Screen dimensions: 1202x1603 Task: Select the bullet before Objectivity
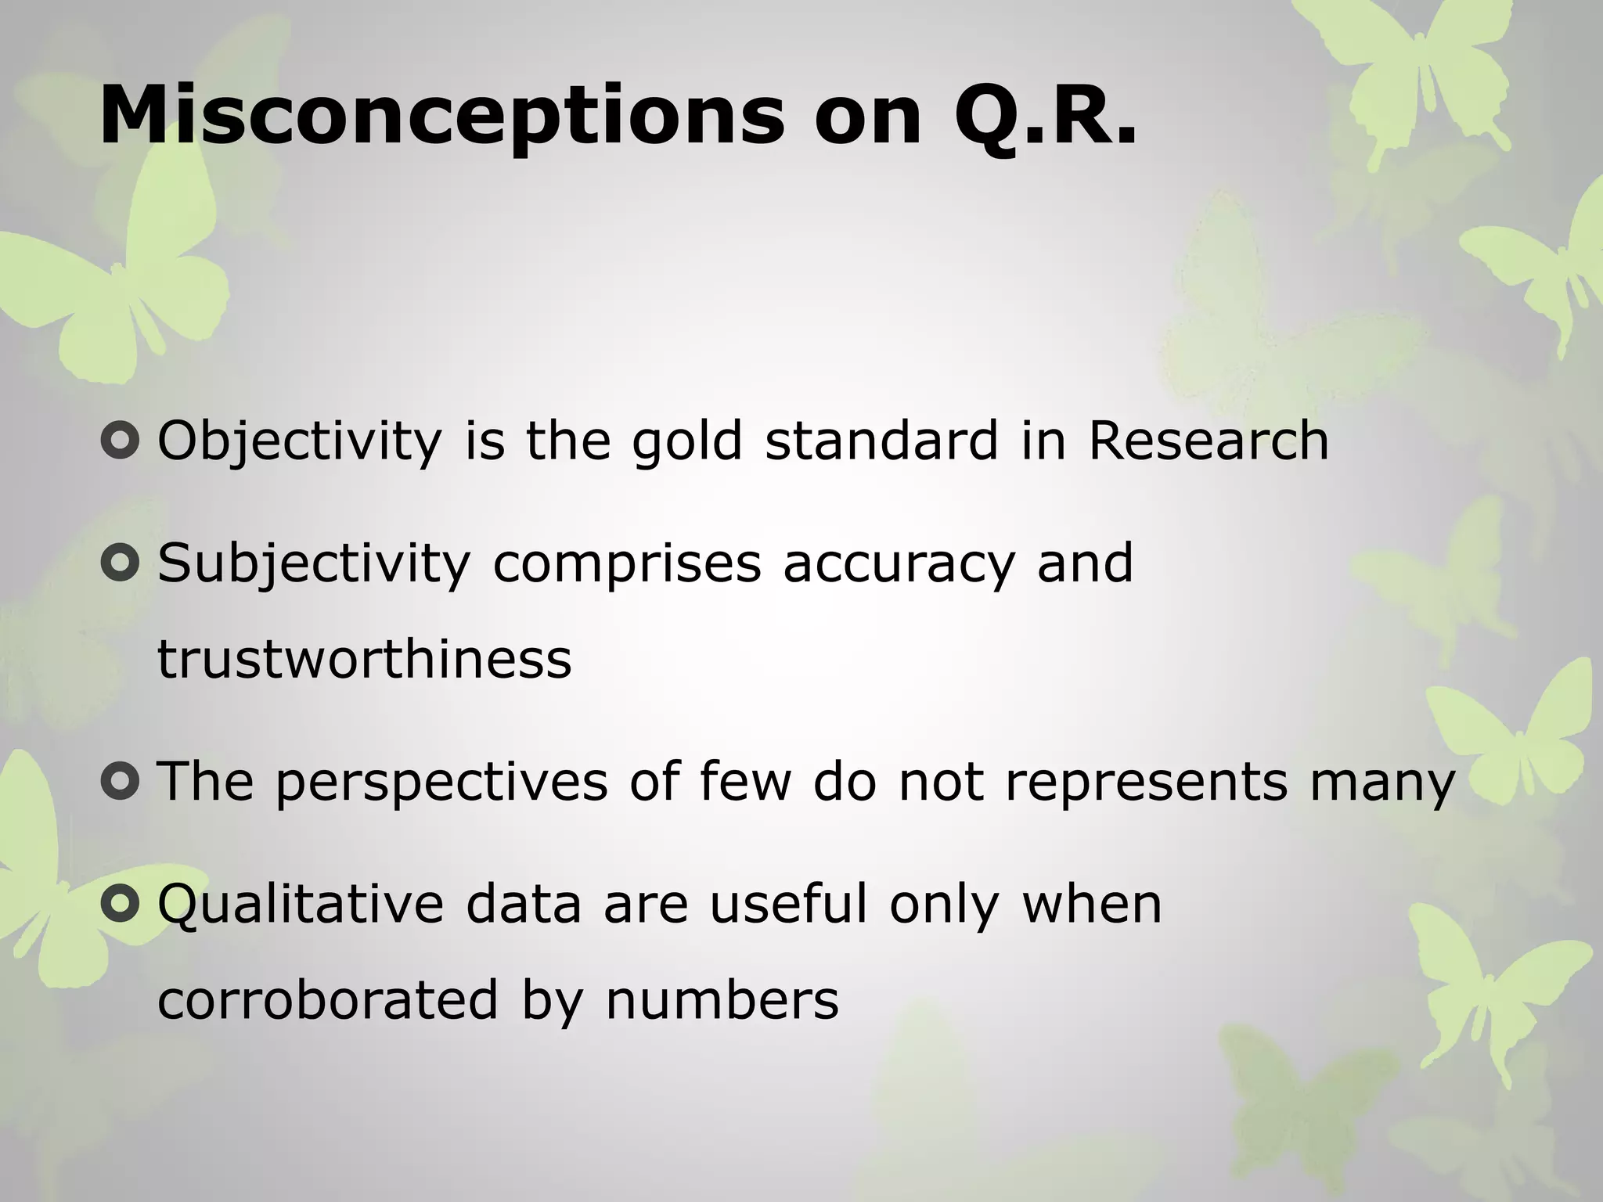pos(120,441)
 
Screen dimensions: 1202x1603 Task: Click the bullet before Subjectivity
pos(120,563)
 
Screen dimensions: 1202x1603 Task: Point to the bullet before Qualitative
pos(120,904)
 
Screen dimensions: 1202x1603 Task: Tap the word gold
pos(686,442)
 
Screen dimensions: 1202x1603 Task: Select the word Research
pos(1209,441)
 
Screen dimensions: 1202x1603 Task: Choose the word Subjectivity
pos(313,564)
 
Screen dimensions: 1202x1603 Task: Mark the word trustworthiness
pos(365,659)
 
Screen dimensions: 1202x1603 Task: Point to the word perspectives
pos(441,783)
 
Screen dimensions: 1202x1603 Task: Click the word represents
pos(1146,783)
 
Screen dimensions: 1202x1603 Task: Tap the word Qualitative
pos(301,904)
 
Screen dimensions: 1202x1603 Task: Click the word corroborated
pos(328,1000)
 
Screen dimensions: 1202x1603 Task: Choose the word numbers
pos(722,1000)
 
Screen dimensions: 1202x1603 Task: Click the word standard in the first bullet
pos(882,441)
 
